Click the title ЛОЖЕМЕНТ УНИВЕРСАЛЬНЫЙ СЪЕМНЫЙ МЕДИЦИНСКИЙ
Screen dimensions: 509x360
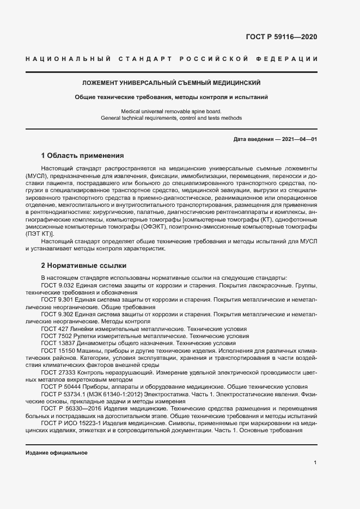[171, 83]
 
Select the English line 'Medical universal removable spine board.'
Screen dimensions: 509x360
[171, 111]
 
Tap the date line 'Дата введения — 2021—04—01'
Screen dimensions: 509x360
[274, 139]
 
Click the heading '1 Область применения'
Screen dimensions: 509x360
[82, 155]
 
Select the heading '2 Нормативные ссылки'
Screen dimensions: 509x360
[84, 266]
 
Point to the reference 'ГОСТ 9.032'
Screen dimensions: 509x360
[57, 285]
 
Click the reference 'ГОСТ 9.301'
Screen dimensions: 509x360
[57, 300]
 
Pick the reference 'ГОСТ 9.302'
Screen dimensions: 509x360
[57, 315]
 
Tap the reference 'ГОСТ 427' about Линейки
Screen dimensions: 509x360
[54, 329]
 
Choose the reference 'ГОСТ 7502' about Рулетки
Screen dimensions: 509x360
[56, 336]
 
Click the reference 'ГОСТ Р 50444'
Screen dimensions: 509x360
[60, 388]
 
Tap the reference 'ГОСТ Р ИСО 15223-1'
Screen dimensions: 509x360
[69, 422]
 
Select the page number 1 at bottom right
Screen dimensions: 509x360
[315, 463]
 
